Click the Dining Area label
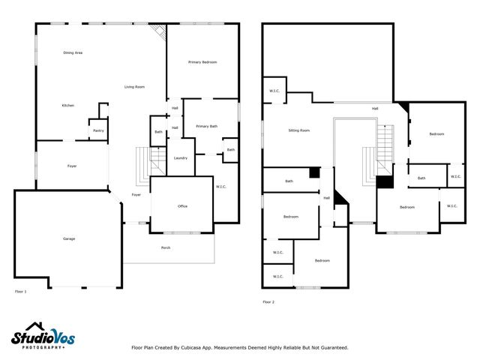73,52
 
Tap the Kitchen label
67,106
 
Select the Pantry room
98,130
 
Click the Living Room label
134,88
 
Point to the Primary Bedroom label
202,62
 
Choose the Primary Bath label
207,127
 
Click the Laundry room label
180,158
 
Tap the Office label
182,206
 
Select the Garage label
69,238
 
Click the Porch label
166,247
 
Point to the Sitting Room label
299,130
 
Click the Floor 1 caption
20,291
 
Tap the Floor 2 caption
268,302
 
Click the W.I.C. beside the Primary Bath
221,187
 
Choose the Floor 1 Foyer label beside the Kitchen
72,166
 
